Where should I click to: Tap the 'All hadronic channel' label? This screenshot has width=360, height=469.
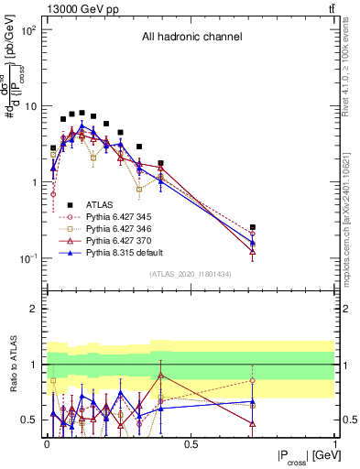[191, 38]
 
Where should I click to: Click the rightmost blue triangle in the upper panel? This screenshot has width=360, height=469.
[253, 244]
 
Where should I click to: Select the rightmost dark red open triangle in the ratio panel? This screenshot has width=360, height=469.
[253, 423]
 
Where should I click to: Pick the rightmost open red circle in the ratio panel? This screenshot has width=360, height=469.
[253, 380]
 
